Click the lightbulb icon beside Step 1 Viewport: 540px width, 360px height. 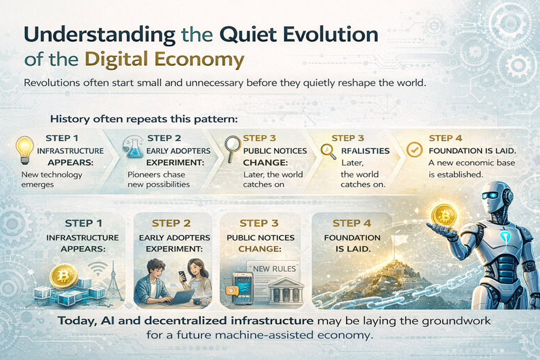pos(25,150)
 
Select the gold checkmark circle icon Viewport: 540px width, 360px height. pos(414,149)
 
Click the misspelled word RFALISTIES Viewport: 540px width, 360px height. pos(365,151)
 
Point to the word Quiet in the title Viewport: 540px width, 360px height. pos(248,35)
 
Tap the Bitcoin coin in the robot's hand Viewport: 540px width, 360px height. pos(444,216)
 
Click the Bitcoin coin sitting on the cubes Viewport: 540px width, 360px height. pos(63,276)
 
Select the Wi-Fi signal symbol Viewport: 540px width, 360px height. pos(97,269)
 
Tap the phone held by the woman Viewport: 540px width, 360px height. pos(182,277)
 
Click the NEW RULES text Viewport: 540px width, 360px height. pos(275,269)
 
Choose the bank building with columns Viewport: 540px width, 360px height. pos(286,290)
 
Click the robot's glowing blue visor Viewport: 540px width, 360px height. pos(490,196)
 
